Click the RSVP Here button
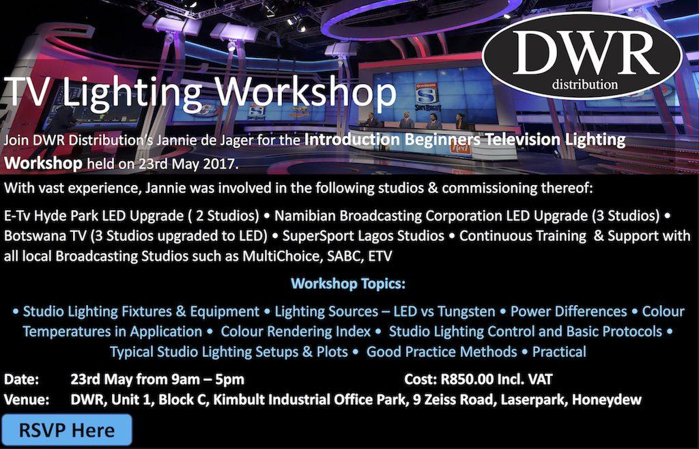(x=67, y=430)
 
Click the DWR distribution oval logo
(x=582, y=56)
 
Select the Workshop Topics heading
(x=348, y=283)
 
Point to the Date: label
(x=21, y=379)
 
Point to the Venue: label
(x=27, y=400)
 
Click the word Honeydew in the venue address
(x=607, y=400)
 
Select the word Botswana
(x=36, y=235)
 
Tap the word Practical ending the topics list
(x=560, y=352)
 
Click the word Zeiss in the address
(x=438, y=400)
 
